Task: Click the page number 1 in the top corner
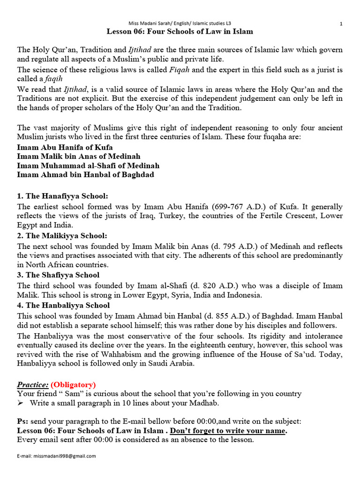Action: coord(341,23)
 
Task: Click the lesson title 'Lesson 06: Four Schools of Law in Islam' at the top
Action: coord(180,31)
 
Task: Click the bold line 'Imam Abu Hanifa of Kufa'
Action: coord(65,147)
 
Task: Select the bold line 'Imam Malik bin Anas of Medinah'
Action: coord(78,156)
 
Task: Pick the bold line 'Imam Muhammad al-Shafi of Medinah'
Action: coord(88,165)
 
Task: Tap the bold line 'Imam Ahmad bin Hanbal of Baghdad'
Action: coord(85,174)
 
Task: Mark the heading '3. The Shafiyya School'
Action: coord(58,275)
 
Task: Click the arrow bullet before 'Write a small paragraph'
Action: coord(21,403)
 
